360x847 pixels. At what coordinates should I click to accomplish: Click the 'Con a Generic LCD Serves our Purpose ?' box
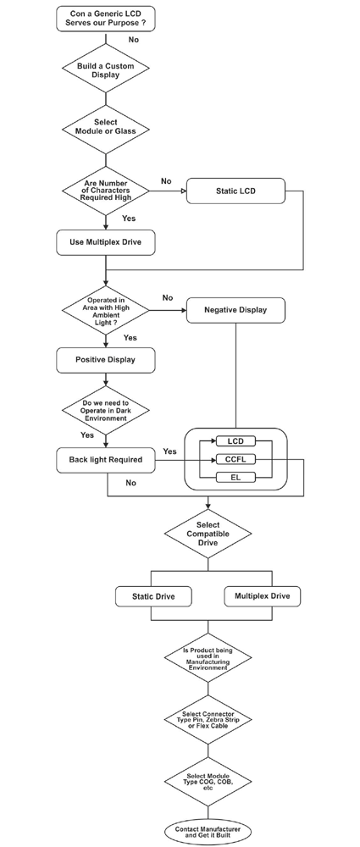click(x=106, y=18)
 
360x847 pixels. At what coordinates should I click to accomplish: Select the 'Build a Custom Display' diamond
click(x=106, y=70)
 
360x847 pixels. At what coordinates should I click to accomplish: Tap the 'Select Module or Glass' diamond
click(x=106, y=127)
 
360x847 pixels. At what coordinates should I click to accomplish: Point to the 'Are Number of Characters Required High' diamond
click(x=106, y=191)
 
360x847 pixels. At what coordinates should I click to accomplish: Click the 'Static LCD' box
click(x=235, y=191)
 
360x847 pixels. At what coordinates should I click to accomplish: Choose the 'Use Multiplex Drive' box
click(x=106, y=243)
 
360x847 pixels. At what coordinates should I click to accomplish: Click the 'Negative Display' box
click(x=235, y=310)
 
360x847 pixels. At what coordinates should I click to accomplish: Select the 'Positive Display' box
click(x=106, y=359)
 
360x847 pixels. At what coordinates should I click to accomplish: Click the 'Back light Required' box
click(x=106, y=460)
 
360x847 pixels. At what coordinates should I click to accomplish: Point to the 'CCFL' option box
click(x=235, y=459)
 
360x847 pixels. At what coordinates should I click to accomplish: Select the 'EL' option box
click(x=235, y=478)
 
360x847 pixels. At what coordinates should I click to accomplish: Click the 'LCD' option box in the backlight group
click(x=235, y=441)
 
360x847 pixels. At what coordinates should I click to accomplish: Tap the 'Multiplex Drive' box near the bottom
click(x=263, y=596)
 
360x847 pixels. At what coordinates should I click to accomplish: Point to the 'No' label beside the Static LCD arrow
click(x=166, y=181)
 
